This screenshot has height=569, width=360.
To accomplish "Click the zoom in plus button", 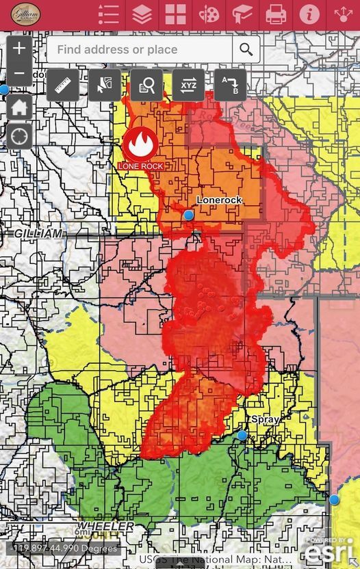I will pyautogui.click(x=19, y=49).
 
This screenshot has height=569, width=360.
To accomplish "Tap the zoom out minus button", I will pyautogui.click(x=19, y=73).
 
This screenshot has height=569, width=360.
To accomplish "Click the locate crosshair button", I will pyautogui.click(x=19, y=135).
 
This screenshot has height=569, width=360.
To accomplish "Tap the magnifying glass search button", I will pyautogui.click(x=246, y=50).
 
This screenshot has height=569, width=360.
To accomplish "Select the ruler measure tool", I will pyautogui.click(x=63, y=85).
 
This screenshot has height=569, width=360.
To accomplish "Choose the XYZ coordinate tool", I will pyautogui.click(x=188, y=85).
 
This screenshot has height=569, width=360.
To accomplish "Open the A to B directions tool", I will pyautogui.click(x=231, y=85).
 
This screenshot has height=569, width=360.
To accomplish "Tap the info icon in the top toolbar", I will pyautogui.click(x=309, y=14).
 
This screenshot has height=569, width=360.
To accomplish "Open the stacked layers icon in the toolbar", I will pyautogui.click(x=142, y=14).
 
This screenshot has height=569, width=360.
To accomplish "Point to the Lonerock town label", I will pyautogui.click(x=220, y=200).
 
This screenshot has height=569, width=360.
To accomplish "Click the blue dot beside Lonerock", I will pyautogui.click(x=189, y=215).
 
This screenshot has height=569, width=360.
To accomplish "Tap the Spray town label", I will pyautogui.click(x=265, y=419).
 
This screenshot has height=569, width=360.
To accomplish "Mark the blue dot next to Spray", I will pyautogui.click(x=242, y=435).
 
